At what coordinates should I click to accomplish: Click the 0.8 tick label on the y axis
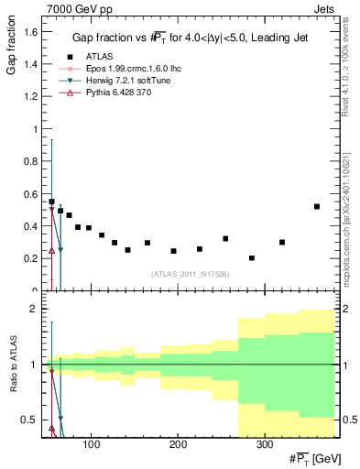click(x=28, y=161)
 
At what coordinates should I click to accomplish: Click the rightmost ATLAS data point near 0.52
click(x=317, y=206)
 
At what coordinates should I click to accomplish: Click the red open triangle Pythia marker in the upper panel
click(x=51, y=250)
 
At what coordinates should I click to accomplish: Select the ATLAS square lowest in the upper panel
click(x=252, y=258)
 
